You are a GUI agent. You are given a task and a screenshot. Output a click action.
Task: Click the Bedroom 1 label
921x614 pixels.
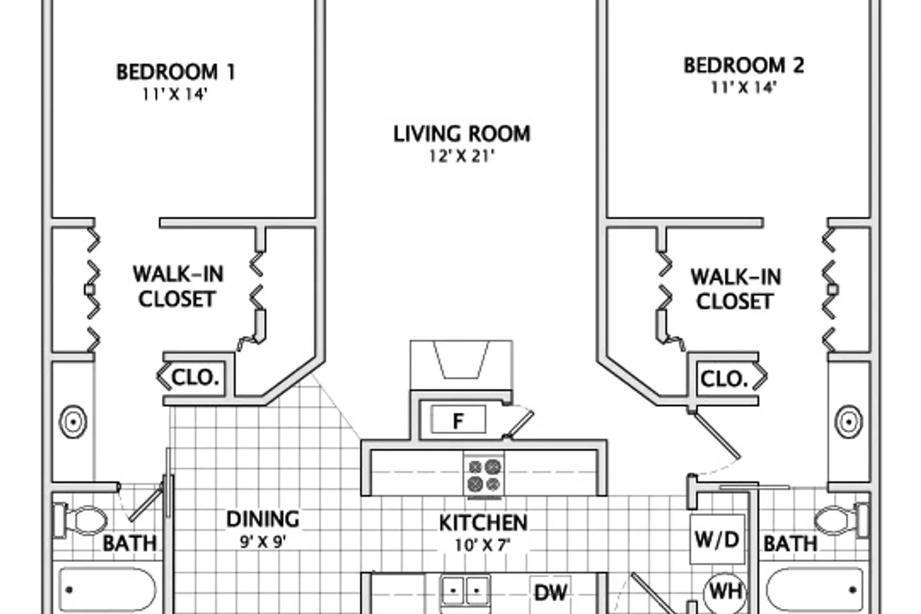[176, 72]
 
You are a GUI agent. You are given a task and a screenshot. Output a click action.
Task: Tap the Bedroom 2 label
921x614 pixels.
[744, 65]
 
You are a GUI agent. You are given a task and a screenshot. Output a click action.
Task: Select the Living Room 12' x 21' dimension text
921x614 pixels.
[462, 156]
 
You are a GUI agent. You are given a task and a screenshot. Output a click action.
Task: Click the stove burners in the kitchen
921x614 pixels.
[484, 475]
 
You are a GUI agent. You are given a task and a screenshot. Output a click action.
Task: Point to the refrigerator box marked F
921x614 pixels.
[458, 420]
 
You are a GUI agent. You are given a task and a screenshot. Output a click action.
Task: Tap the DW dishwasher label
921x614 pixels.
[551, 592]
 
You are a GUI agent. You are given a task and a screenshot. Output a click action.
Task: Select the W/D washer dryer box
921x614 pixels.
[717, 539]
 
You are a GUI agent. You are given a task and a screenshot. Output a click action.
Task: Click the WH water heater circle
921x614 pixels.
[725, 592]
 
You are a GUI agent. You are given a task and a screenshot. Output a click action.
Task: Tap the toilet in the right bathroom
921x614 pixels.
[840, 520]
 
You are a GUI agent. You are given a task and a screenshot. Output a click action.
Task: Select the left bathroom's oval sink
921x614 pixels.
[73, 422]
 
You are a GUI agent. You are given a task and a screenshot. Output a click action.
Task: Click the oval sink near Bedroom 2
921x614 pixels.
[849, 422]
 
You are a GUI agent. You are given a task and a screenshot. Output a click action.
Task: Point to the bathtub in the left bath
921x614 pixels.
[107, 590]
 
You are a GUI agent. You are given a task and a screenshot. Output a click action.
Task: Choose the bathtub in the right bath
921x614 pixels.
[814, 590]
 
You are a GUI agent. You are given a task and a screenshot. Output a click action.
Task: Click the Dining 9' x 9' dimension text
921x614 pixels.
[263, 542]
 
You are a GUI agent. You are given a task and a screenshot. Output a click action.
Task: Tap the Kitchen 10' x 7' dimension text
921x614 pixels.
[483, 545]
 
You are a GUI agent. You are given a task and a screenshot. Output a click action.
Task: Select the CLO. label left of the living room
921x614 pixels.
[195, 377]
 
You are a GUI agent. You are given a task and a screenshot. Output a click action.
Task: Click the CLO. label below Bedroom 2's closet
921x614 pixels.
[724, 379]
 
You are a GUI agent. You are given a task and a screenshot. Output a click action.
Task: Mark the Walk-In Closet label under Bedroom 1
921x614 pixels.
[178, 287]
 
